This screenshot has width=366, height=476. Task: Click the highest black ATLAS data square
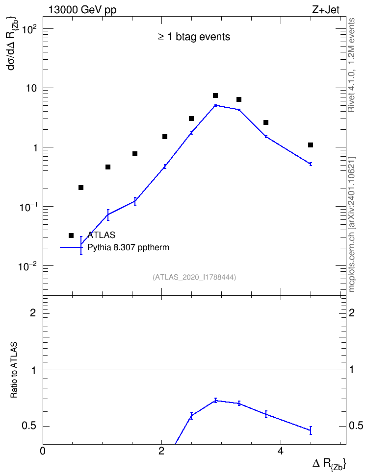click(x=215, y=95)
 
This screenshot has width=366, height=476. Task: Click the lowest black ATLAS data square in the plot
click(x=81, y=188)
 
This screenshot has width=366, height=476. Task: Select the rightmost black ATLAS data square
click(x=311, y=145)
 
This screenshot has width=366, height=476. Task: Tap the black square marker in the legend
click(x=71, y=236)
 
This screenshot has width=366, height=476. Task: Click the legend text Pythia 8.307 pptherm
click(x=128, y=247)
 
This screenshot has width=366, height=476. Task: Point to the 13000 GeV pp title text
click(x=82, y=10)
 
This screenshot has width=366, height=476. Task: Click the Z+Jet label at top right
click(x=326, y=10)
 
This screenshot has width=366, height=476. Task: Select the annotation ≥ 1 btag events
click(x=194, y=37)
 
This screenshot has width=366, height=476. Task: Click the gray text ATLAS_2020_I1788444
click(x=194, y=277)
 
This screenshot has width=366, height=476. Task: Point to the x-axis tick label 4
click(x=281, y=451)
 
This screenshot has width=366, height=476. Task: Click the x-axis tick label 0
click(x=43, y=451)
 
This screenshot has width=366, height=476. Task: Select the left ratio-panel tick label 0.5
click(x=28, y=426)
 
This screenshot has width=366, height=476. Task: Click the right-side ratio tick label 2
click(x=352, y=312)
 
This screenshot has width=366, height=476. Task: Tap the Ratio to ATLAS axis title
click(x=14, y=370)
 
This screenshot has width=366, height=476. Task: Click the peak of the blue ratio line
click(x=215, y=401)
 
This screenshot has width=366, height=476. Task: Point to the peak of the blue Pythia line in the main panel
click(x=215, y=105)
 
